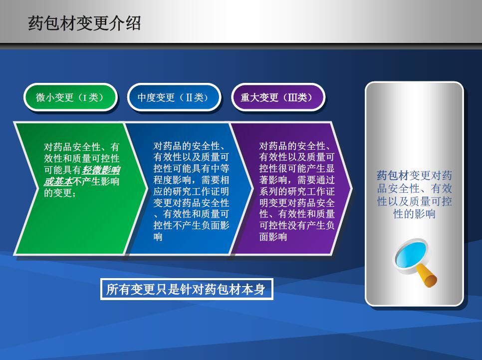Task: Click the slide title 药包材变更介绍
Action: (x=84, y=23)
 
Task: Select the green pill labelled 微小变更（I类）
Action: (x=70, y=97)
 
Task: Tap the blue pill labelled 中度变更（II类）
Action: (x=174, y=97)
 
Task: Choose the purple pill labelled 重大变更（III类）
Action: (x=278, y=97)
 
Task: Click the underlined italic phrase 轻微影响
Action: (x=101, y=170)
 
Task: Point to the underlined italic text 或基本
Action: (x=58, y=181)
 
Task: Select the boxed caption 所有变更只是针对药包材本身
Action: (x=187, y=289)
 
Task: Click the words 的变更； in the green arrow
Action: (x=60, y=193)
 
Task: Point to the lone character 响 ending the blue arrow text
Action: (x=158, y=237)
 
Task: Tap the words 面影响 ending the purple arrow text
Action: (x=273, y=237)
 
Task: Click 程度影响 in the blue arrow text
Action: (x=173, y=180)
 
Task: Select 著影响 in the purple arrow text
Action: (x=273, y=180)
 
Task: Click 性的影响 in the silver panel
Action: (x=414, y=214)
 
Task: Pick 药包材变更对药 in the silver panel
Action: (x=414, y=176)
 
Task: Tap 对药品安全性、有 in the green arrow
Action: (x=81, y=147)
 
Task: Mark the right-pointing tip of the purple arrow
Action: (x=352, y=188)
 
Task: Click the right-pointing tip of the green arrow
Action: (x=148, y=188)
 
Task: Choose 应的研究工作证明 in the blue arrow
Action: (x=191, y=191)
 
